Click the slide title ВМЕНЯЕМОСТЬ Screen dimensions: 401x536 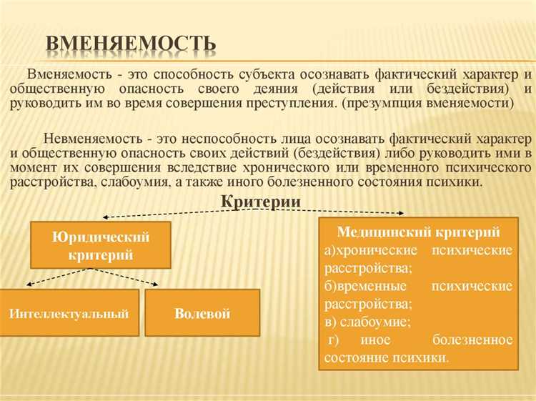point(131,44)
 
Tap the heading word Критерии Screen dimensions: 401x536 point(260,202)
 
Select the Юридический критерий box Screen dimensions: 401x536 point(101,244)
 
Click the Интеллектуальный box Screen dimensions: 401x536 point(69,313)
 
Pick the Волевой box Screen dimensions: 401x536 point(202,313)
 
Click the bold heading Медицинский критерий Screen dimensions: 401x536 point(418,232)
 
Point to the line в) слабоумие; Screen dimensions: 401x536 point(367,322)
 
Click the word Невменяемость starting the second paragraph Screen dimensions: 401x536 point(87,138)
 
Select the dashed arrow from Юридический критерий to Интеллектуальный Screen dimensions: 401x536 point(58,277)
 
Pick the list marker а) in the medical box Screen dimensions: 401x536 point(330,250)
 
